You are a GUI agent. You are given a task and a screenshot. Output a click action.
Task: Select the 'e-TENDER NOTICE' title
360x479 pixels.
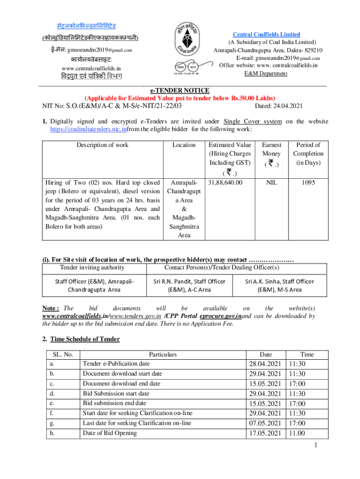coord(179,90)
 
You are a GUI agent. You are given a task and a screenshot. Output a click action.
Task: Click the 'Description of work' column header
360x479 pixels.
coord(102,145)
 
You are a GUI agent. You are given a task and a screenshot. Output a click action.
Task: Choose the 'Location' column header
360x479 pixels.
coord(184,145)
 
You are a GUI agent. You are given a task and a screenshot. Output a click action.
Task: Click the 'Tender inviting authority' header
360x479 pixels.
coord(92,267)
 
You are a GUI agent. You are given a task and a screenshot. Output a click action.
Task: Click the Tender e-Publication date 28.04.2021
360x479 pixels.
coord(265,364)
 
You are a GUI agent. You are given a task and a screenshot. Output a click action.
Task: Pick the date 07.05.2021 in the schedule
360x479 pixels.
coord(265,423)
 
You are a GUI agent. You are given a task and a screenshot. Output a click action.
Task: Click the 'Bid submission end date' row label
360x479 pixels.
coord(115,403)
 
